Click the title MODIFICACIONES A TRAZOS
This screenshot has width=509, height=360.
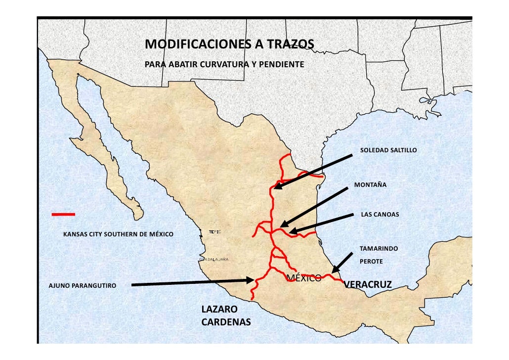(x=229, y=45)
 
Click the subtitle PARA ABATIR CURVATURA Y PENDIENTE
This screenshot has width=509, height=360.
(x=224, y=65)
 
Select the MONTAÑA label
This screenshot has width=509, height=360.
(x=370, y=185)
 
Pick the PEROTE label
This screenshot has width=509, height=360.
(x=371, y=261)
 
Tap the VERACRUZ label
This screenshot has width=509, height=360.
(x=368, y=284)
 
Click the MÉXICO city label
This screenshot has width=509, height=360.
(x=303, y=277)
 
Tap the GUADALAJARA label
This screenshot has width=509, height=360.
(x=213, y=259)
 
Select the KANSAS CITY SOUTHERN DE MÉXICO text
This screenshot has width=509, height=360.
(x=118, y=234)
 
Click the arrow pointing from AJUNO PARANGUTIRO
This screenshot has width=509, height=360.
(x=193, y=282)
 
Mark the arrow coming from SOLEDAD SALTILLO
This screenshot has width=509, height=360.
(x=313, y=172)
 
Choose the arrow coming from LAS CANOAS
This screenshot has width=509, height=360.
(x=322, y=223)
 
